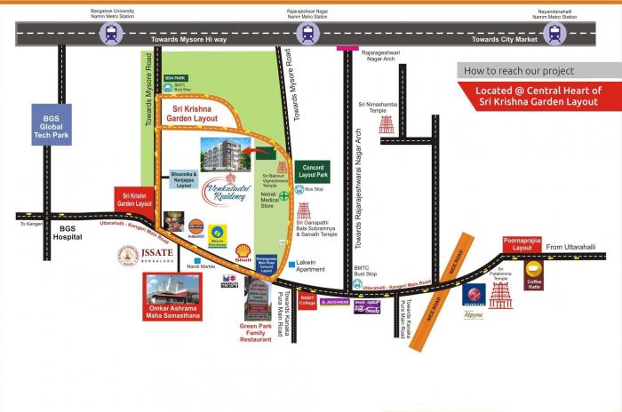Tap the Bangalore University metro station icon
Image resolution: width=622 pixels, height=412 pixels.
[112, 34]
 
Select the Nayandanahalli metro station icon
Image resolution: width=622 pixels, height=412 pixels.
[555, 34]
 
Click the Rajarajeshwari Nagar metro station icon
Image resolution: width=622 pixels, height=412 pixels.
[308, 34]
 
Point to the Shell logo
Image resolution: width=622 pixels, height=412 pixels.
[243, 251]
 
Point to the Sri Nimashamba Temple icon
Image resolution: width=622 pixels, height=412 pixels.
[387, 124]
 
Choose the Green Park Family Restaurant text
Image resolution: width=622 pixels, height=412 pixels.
[257, 334]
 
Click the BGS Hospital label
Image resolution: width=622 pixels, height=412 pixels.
[69, 233]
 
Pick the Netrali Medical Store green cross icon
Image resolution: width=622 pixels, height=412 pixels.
[284, 194]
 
